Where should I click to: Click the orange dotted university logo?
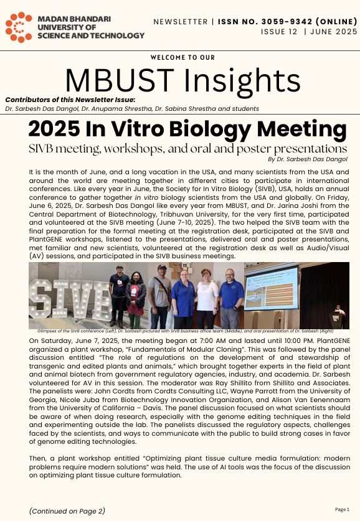19,27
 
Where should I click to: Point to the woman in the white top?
207,296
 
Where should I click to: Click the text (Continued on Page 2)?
66,511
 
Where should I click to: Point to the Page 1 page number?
343,509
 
